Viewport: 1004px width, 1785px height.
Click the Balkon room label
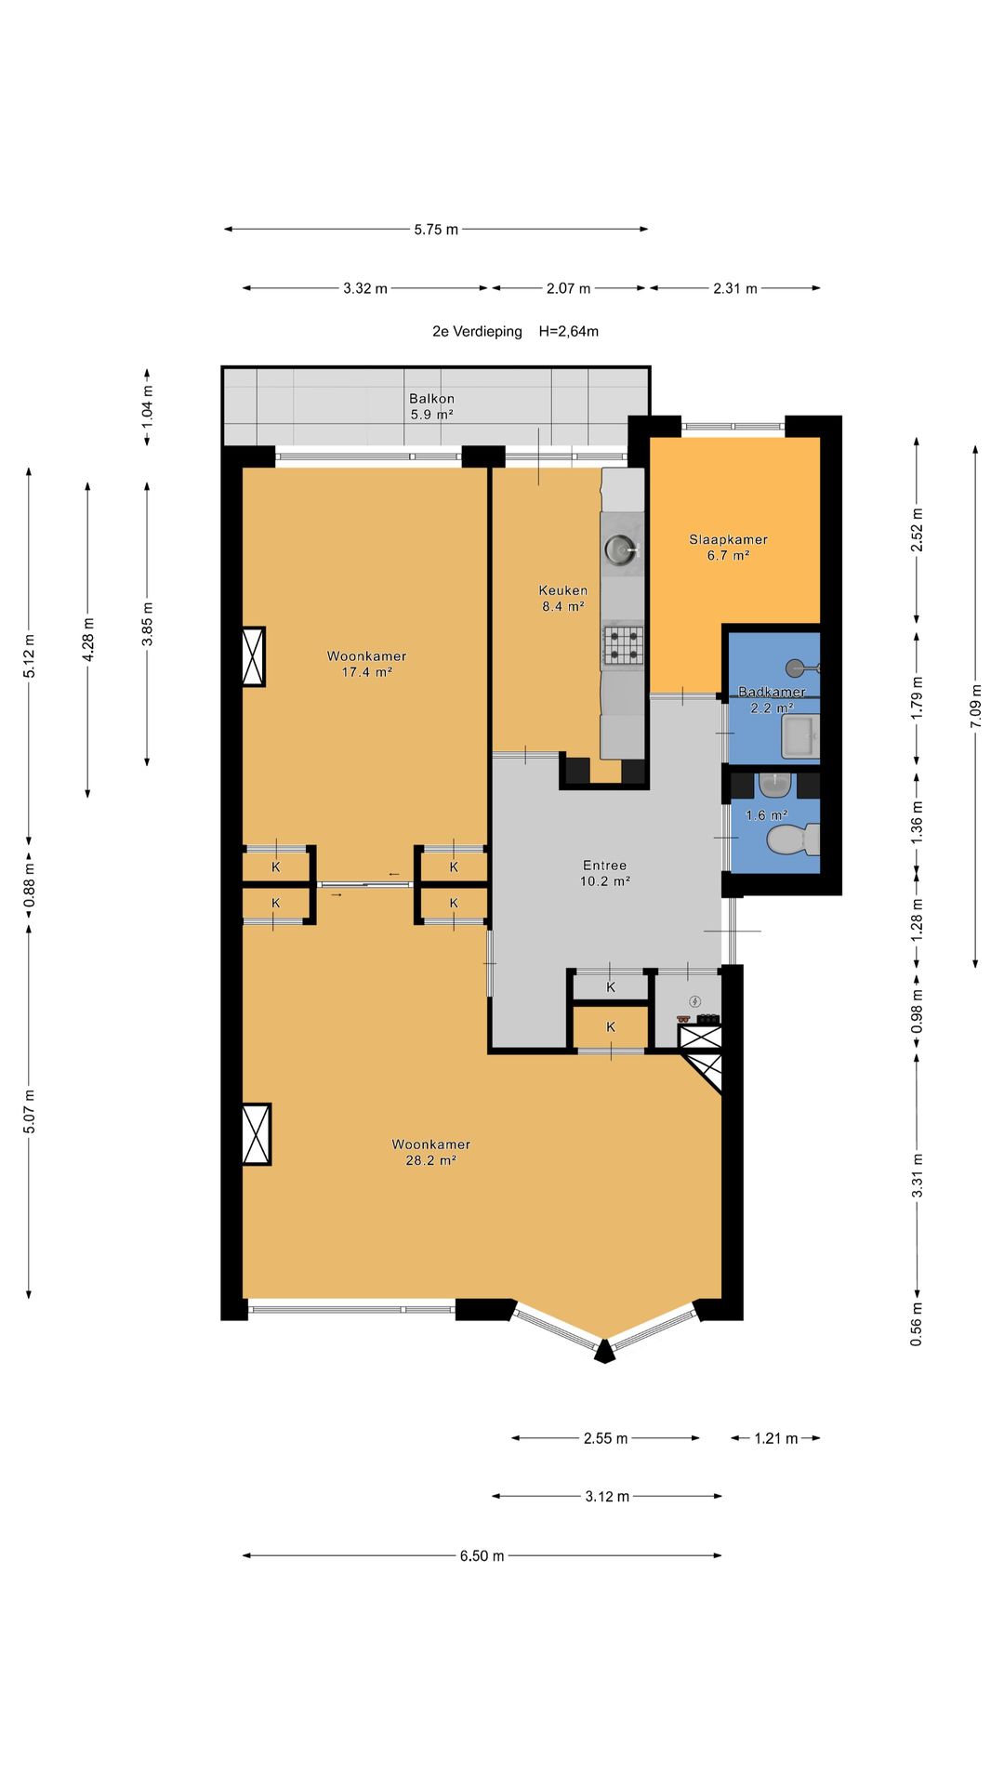(x=431, y=399)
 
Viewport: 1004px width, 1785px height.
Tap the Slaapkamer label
(x=728, y=539)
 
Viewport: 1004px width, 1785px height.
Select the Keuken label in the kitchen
(x=563, y=590)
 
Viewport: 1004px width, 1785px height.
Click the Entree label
(x=604, y=866)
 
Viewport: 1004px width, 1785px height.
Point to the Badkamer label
(x=772, y=692)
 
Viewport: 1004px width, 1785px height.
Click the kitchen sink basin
(x=621, y=550)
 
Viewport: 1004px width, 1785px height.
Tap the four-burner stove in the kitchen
(x=623, y=645)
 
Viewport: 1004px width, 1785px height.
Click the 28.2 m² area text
(x=430, y=1160)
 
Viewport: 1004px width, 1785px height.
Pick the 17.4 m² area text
(x=366, y=672)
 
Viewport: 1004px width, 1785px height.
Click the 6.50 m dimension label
(x=482, y=1556)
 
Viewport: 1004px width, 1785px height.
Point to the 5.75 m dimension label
(x=436, y=230)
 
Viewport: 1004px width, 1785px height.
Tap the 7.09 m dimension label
(x=976, y=707)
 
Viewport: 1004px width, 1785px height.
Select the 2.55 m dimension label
(x=605, y=1438)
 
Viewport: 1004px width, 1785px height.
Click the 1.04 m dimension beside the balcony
(x=147, y=406)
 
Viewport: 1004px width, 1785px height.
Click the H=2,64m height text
(x=569, y=331)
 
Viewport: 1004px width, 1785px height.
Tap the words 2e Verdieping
(x=477, y=331)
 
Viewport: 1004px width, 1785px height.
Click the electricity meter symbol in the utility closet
(x=694, y=1001)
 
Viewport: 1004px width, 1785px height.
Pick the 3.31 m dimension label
(x=918, y=1174)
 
